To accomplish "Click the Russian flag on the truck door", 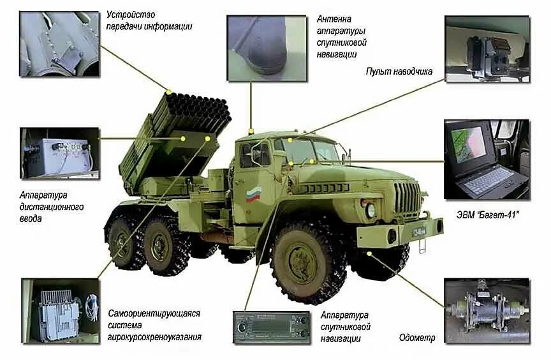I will pyautogui.click(x=253, y=195).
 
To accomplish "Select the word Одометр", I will pyautogui.click(x=417, y=338).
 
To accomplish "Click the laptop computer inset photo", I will pyautogui.click(x=486, y=160).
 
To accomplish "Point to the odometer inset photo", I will pyautogui.click(x=487, y=310).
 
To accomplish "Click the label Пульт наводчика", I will pyautogui.click(x=399, y=71).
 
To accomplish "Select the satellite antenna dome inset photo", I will pyautogui.click(x=267, y=49).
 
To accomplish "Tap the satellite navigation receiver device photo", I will pyautogui.click(x=271, y=327).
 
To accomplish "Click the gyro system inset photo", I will pyautogui.click(x=60, y=311).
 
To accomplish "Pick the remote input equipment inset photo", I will pyautogui.click(x=59, y=153).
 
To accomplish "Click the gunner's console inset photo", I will pyautogui.click(x=487, y=49).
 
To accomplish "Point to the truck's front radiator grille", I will pyautogui.click(x=407, y=198).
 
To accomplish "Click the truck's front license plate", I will pyautogui.click(x=419, y=231).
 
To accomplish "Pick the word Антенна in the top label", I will pyautogui.click(x=334, y=19).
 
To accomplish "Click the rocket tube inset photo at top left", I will pyautogui.click(x=59, y=44).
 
